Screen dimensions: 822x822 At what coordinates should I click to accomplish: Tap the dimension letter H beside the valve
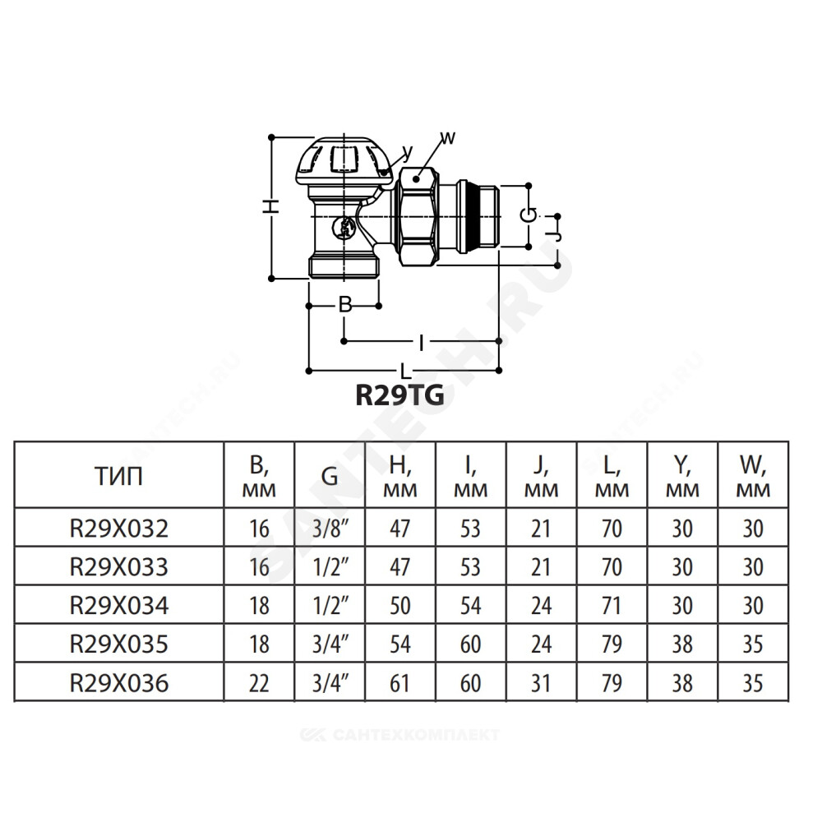pos(270,206)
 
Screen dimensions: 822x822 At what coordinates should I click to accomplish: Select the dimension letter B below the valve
pos(345,305)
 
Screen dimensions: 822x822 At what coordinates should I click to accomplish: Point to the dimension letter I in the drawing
pos(421,343)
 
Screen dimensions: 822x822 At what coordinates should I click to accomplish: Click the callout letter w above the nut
pos(447,138)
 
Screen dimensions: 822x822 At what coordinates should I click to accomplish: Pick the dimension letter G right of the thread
pos(529,215)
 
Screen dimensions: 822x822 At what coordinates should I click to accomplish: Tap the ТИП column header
pos(119,477)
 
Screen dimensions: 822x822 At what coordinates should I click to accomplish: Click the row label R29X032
pos(119,529)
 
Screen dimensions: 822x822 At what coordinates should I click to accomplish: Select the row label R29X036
pos(119,683)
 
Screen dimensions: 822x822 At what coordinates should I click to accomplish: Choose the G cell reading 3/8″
pos(330,529)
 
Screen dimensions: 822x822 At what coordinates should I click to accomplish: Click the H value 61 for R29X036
pos(399,683)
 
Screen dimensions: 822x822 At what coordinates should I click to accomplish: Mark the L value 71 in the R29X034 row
pos(612,606)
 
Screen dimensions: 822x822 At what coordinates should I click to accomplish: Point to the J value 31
pos(541,683)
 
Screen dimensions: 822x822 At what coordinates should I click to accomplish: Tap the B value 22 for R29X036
pos(259,683)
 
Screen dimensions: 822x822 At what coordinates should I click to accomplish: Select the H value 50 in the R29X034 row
pos(399,606)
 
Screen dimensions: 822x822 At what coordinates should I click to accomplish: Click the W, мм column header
pos(753,477)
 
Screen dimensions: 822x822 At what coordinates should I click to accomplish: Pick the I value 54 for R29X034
pos(470,606)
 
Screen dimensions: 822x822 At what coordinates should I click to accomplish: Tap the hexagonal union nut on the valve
pos(417,216)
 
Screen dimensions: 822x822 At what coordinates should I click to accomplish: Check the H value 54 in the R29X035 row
pos(399,644)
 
